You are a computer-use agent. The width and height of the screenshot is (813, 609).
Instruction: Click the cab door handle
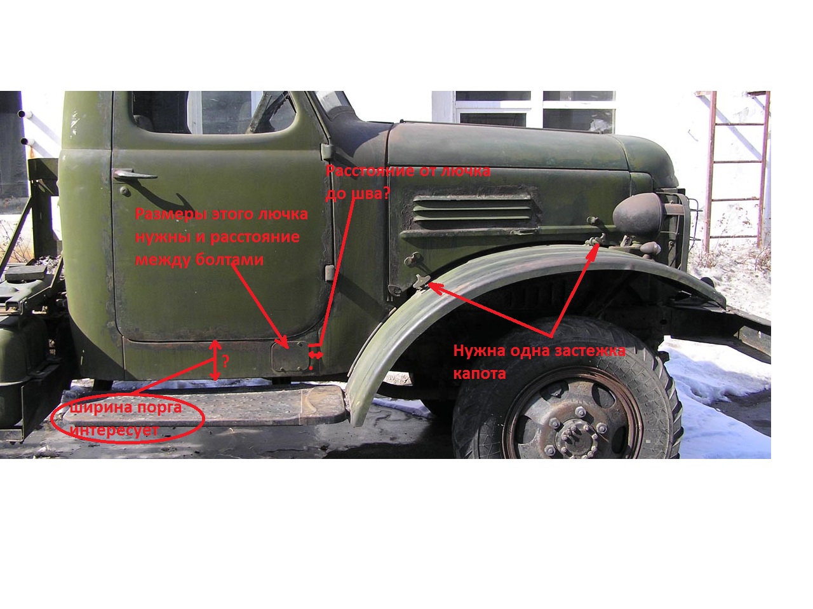pos(133,175)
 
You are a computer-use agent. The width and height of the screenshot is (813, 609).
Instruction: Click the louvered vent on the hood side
pos(473,209)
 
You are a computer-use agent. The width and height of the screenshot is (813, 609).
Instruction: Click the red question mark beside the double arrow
pos(225,361)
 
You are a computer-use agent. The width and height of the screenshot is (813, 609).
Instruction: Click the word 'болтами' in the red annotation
pos(229,259)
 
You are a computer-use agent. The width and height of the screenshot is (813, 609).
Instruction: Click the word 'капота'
pos(480,373)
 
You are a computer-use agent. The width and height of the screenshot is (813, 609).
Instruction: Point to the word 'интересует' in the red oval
pos(114,430)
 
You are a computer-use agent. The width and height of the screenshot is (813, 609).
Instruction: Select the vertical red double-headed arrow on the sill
pos(215,360)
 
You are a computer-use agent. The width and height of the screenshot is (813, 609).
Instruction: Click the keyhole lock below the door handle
pos(124,191)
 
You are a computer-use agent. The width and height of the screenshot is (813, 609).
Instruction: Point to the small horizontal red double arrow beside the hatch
pos(316,355)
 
